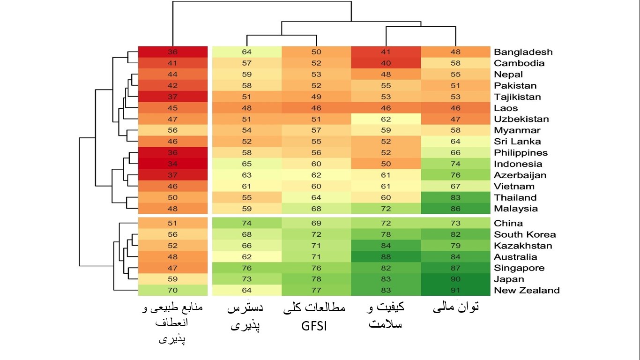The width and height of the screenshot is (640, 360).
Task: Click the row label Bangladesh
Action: tap(523, 52)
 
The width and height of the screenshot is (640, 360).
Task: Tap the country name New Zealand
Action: tap(527, 291)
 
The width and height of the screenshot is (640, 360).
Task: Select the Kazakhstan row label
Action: tap(523, 246)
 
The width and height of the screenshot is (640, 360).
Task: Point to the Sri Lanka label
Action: tap(517, 142)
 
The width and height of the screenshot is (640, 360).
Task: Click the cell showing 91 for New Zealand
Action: tap(455, 291)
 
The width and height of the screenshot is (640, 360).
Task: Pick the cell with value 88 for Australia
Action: tap(386, 257)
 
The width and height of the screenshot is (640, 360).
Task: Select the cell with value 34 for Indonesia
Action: tap(173, 164)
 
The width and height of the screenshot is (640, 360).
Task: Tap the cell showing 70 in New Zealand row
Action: tap(173, 291)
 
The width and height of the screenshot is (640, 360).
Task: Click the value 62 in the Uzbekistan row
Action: tap(386, 120)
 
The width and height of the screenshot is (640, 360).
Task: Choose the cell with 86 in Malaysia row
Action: tap(455, 209)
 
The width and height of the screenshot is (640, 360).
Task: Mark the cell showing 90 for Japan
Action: tap(455, 279)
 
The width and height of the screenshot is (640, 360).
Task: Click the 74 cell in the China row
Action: tap(247, 224)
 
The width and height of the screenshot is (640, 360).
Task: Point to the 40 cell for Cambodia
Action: tap(386, 63)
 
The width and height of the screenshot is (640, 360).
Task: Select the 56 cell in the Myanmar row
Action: tap(173, 131)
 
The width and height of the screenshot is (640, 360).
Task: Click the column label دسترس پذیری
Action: tap(246, 316)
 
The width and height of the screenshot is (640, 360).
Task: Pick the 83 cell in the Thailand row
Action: tap(455, 198)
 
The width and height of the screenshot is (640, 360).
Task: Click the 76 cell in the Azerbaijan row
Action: tap(455, 175)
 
